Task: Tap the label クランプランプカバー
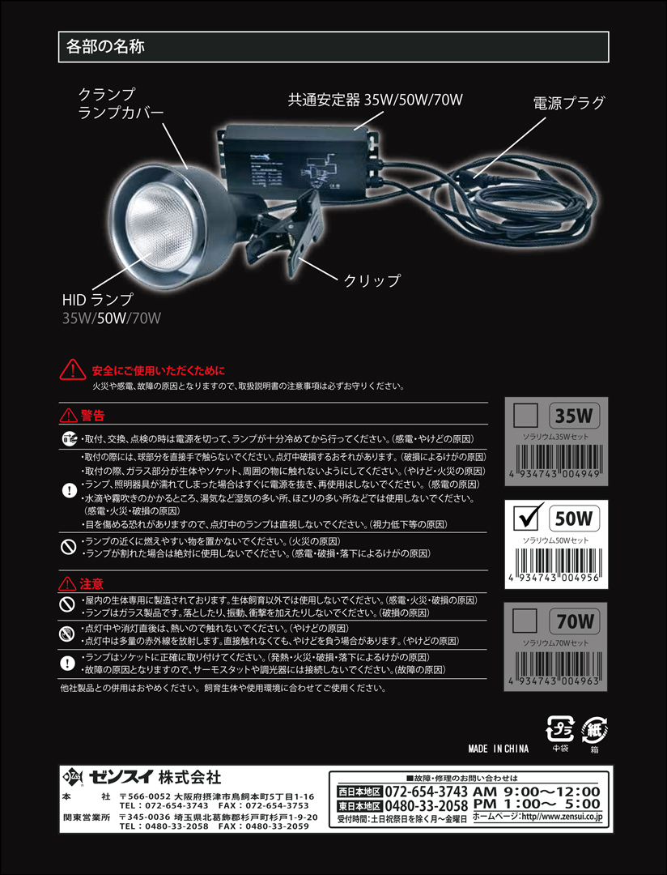point(121,103)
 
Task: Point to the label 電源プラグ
point(569,103)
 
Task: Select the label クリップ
point(372,281)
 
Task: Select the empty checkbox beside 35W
point(526,418)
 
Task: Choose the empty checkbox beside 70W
point(526,622)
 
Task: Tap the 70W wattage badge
point(575,622)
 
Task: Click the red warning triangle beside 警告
point(68,416)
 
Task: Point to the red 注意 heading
point(92,583)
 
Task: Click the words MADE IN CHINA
point(498,749)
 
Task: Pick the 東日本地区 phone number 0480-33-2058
point(426,806)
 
